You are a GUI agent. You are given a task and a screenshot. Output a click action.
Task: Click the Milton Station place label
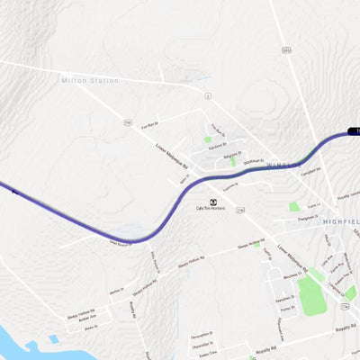(89, 81)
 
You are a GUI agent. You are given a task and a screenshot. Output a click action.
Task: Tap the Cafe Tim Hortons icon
(213, 201)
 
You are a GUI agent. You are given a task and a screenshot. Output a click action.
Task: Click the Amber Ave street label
(86, 318)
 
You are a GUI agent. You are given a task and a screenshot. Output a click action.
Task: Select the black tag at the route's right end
(354, 132)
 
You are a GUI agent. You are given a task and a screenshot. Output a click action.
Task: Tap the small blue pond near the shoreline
(53, 339)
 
